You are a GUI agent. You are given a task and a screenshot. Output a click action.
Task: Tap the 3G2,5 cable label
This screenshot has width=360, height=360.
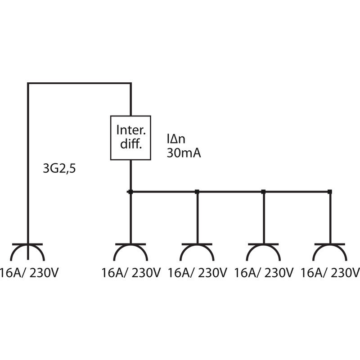59,169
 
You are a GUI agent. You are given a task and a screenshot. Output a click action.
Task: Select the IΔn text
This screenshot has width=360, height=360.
176,139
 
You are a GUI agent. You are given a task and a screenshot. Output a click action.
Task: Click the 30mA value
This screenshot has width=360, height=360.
184,153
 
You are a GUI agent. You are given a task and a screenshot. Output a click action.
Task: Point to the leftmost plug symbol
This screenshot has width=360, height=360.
27,245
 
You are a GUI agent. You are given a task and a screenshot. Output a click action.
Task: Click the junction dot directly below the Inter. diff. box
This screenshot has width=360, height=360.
130,192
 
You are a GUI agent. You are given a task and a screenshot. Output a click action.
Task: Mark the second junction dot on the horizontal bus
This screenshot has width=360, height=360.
197,192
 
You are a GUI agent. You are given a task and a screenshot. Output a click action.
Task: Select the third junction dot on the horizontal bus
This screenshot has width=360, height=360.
263,192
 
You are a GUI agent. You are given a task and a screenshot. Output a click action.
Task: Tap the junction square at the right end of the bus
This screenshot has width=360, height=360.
330,192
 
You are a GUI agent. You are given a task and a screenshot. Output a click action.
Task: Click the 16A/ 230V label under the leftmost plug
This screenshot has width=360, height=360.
29,273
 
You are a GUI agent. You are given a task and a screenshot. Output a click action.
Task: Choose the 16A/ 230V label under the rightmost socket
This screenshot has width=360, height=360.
330,273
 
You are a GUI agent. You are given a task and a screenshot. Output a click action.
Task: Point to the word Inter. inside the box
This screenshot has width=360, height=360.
131,130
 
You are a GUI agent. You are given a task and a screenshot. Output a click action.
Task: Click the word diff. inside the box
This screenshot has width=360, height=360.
131,144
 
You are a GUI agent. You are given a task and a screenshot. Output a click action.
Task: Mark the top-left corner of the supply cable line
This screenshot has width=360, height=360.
28,83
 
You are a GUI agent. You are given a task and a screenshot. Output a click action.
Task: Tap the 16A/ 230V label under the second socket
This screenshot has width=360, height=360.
198,273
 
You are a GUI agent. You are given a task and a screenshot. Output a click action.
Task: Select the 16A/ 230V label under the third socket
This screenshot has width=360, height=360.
264,273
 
